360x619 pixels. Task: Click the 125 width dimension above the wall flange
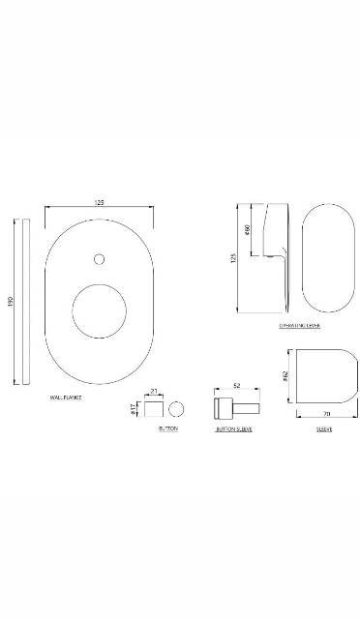point(100,202)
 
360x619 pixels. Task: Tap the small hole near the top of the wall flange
point(99,259)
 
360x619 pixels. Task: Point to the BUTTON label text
point(167,428)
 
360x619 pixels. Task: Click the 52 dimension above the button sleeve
point(235,384)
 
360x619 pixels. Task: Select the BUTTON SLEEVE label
point(234,428)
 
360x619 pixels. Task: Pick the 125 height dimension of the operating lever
point(233,257)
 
